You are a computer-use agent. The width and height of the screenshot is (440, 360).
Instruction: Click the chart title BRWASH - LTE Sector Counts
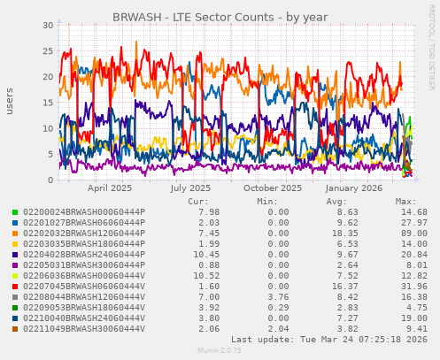coord(220,17)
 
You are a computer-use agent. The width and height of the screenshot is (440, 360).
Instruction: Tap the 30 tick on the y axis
coord(48,25)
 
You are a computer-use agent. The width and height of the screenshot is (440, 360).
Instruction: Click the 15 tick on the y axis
coord(48,103)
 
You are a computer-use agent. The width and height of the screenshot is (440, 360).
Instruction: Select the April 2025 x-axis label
coord(110,188)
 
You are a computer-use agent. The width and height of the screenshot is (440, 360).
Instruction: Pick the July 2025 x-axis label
coord(191,188)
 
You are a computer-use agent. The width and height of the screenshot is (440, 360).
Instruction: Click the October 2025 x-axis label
coord(273,188)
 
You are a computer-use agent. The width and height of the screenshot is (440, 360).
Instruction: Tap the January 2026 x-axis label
coord(353,188)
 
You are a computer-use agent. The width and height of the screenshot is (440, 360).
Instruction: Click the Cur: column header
coord(198,201)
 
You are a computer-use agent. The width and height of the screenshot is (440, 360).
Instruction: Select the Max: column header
coord(405,201)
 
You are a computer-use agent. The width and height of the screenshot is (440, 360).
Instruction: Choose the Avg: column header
coord(336,201)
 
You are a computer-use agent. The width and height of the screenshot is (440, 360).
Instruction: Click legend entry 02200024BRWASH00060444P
coord(83,211)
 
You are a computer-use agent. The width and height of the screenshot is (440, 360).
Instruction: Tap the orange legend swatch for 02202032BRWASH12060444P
coord(14,233)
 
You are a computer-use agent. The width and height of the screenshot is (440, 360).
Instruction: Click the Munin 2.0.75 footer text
coord(219,351)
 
